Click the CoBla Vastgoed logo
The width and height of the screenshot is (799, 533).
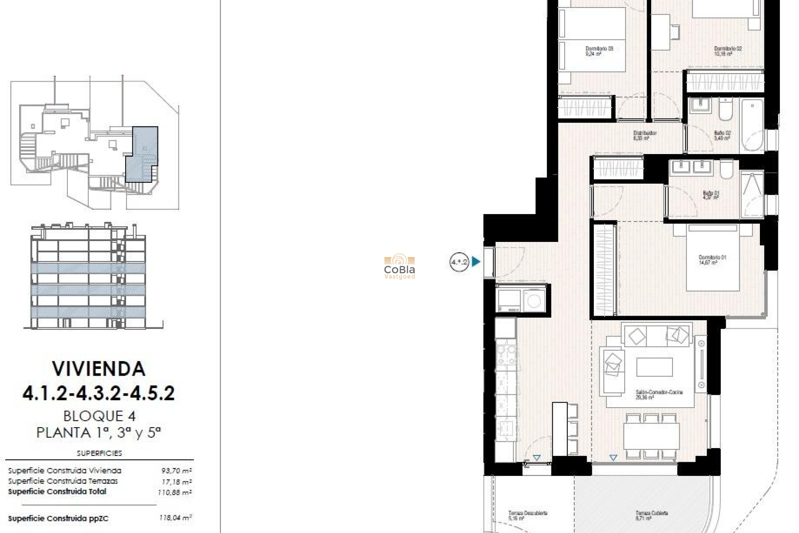point(399,266)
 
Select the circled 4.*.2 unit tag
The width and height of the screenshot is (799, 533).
point(459,262)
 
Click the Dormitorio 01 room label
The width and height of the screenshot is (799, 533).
point(712,260)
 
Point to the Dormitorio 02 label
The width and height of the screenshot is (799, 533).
point(727,51)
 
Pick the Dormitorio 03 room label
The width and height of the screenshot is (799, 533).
point(599,51)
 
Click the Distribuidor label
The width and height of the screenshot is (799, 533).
point(645,135)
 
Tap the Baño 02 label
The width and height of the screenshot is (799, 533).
point(722,135)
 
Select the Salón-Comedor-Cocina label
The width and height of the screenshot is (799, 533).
point(659,394)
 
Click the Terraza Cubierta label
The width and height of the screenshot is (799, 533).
point(651,516)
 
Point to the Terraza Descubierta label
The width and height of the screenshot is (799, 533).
point(527,516)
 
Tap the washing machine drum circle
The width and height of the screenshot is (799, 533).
point(533,300)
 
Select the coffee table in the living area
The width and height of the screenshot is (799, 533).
point(654,367)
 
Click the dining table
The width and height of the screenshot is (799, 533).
point(651,436)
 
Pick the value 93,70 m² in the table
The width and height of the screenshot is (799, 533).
point(176,471)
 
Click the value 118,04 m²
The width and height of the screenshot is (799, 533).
point(175,518)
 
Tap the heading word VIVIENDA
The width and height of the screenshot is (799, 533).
point(99,369)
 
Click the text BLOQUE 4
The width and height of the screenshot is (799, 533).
point(99,416)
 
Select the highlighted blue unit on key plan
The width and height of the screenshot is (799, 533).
point(141,154)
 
